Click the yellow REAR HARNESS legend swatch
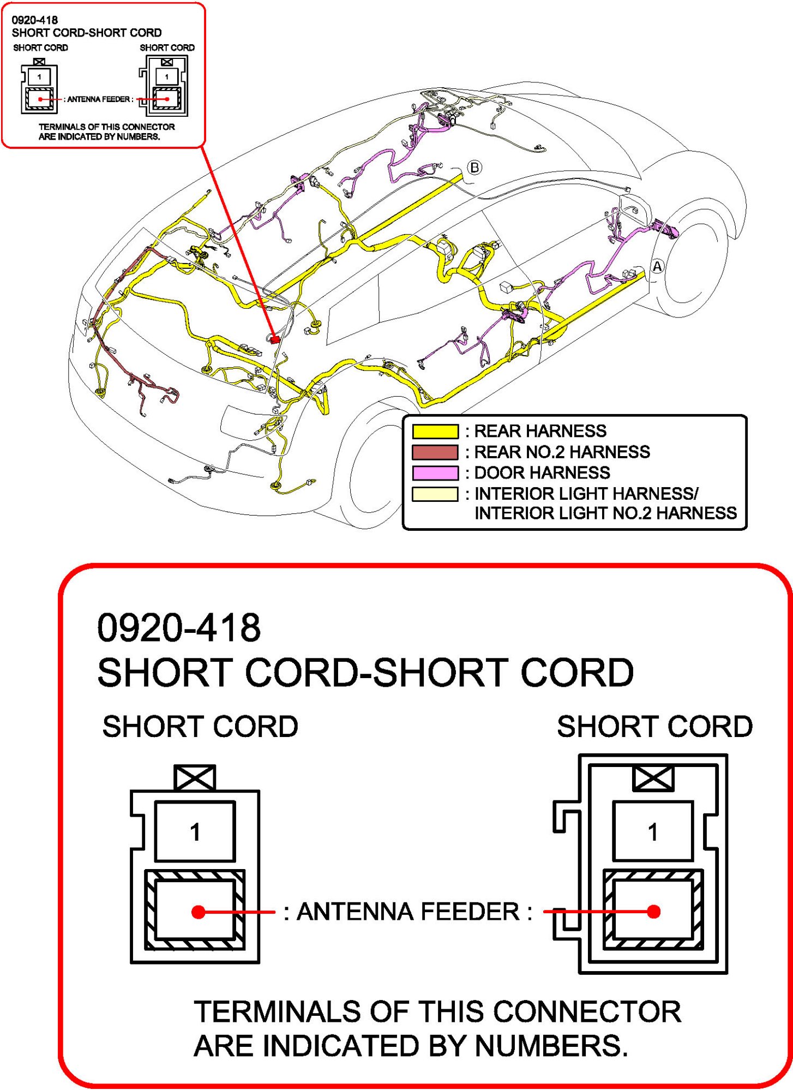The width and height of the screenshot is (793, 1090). [435, 431]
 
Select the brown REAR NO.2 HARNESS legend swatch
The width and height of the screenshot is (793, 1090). [435, 452]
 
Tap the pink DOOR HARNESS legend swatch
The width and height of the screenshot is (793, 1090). [435, 472]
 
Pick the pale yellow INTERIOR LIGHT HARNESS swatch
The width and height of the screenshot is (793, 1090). [435, 494]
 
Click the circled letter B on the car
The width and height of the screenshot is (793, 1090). [474, 167]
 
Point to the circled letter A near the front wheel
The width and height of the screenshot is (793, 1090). [658, 266]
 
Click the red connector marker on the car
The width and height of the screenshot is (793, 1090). [275, 339]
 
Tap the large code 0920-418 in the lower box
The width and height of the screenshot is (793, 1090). [179, 627]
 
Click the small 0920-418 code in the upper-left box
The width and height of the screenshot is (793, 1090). [34, 20]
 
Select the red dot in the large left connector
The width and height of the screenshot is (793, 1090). [199, 912]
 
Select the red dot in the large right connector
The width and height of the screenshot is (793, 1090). [653, 911]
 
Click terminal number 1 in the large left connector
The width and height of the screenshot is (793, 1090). [195, 832]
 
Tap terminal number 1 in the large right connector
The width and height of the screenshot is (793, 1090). [652, 832]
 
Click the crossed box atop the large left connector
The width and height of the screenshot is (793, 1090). [195, 777]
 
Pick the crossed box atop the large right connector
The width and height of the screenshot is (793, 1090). [653, 778]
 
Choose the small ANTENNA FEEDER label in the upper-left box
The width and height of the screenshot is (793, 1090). [99, 99]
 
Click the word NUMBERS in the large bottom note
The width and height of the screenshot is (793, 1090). [551, 1046]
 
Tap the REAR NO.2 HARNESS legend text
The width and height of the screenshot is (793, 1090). [562, 452]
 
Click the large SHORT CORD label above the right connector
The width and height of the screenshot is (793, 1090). [654, 727]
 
